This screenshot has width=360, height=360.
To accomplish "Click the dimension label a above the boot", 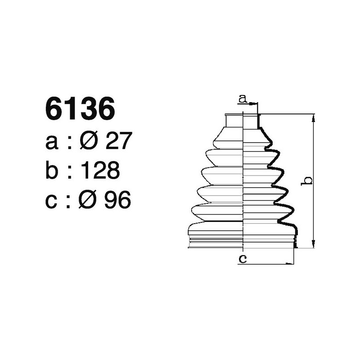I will (243, 98).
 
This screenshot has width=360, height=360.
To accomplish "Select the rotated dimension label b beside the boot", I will (307, 180).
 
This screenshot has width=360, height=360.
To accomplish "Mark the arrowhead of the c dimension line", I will (291, 263).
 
